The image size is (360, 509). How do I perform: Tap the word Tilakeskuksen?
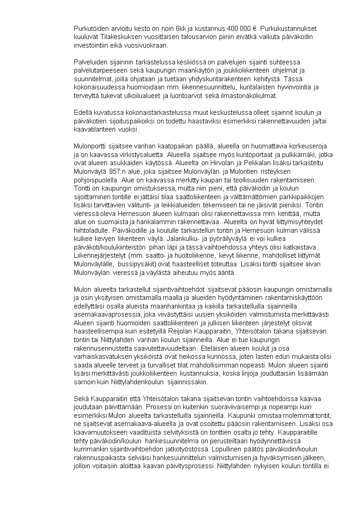(x=117, y=36)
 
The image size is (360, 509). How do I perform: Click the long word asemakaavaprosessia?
(x=106, y=314)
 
